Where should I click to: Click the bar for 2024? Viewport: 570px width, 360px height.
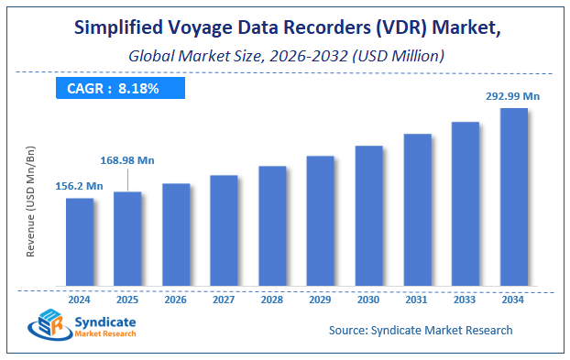80,241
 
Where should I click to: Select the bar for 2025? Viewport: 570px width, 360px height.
127,238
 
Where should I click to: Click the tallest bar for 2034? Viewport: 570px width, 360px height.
513,196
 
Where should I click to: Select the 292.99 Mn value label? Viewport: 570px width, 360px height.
511,94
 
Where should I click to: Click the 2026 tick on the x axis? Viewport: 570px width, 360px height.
176,299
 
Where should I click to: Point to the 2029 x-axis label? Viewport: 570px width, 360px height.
321,299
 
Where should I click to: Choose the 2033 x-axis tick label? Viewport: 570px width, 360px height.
466,299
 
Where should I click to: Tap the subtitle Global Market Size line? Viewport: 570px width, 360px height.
286,56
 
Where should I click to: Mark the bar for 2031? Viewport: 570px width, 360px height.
417,209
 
